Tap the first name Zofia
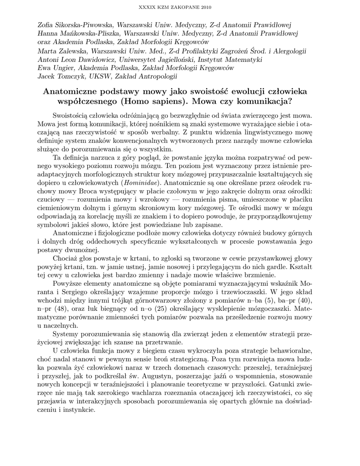[46, 24]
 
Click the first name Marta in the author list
[46, 51]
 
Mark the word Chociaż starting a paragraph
[66, 258]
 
